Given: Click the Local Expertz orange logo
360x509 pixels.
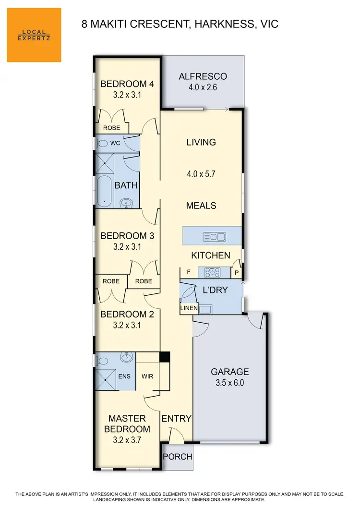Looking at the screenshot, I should (x=34, y=35).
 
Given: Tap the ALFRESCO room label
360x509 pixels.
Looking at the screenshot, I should (x=203, y=76).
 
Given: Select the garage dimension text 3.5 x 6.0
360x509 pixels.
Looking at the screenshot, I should (x=230, y=383).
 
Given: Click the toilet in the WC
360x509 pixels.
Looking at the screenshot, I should (x=102, y=143).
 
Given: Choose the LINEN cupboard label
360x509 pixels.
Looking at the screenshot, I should (x=186, y=308).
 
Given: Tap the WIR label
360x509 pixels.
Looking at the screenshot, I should (x=147, y=376).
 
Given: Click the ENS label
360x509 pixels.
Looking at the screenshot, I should (x=124, y=376).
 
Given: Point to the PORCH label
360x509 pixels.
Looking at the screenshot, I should (x=178, y=457).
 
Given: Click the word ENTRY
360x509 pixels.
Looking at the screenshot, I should (x=176, y=419).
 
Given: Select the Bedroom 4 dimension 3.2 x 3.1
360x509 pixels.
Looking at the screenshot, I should (x=127, y=95).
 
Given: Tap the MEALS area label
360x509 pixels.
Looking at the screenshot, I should (x=201, y=206).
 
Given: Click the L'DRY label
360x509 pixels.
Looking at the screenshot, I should (x=215, y=291).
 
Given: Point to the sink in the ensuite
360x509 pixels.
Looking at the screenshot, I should (x=127, y=357).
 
